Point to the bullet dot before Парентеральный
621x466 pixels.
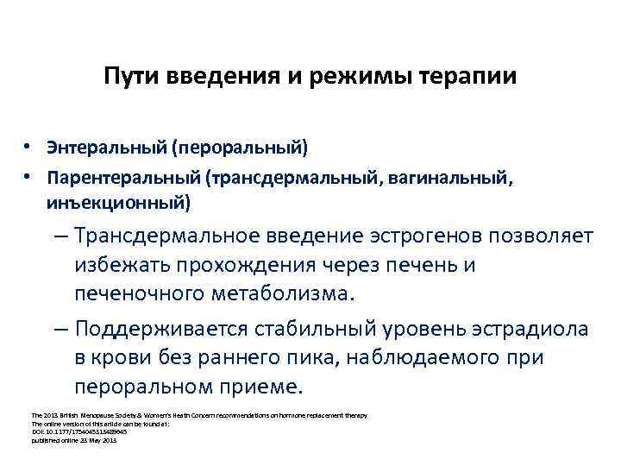tap(28, 178)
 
